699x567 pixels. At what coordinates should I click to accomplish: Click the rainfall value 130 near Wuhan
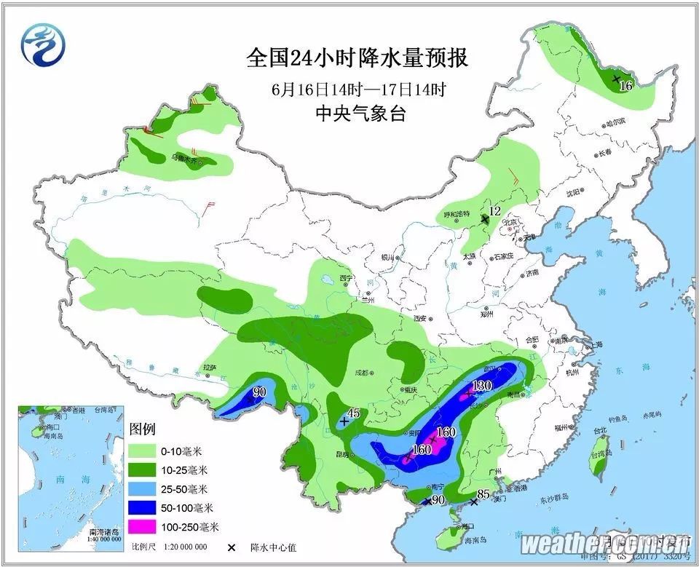(484, 386)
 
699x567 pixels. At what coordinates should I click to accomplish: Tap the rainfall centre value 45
(354, 413)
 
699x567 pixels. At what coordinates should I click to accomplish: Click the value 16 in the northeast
(625, 86)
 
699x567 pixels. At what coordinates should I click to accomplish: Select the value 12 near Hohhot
(495, 211)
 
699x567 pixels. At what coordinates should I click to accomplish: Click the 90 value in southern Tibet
(260, 393)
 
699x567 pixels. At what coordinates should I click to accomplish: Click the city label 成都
(363, 372)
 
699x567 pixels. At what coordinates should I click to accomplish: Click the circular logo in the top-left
(42, 44)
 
